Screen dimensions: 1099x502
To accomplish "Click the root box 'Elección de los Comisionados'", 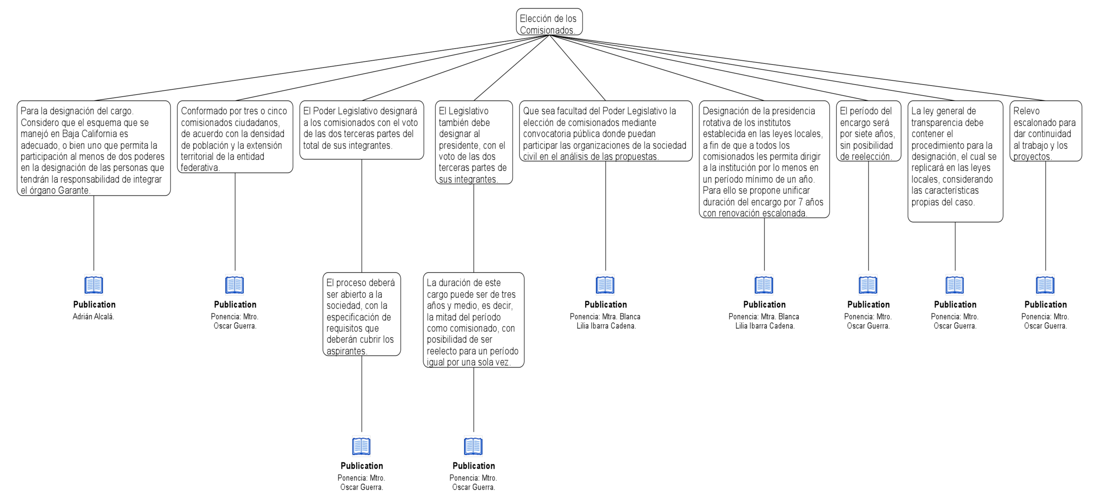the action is point(549,22).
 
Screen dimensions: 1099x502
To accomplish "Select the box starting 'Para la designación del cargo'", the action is point(94,148).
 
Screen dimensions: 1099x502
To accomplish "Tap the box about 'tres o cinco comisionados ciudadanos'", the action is point(235,137).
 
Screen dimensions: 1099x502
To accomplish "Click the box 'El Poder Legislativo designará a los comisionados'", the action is point(362,130).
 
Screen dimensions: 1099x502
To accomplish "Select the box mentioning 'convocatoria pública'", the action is point(606,131).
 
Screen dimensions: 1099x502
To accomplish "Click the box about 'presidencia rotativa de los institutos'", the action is point(764,159).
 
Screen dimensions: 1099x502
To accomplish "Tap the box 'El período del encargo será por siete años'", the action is point(869,131).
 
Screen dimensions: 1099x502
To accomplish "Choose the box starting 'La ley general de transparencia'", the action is point(955,161).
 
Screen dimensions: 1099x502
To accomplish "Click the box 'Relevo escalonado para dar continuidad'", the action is point(1046,131).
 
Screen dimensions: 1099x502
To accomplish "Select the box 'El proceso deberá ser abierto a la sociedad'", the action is point(362,314).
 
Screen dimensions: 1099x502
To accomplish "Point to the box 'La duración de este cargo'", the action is point(473,320).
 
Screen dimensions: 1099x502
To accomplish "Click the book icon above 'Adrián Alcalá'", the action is point(94,285).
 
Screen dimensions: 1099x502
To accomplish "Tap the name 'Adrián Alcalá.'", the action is point(93,317).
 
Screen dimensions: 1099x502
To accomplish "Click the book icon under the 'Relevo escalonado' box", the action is point(1045,285).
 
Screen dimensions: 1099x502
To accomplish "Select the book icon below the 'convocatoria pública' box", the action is point(605,285).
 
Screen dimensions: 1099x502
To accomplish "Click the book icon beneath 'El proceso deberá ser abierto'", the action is point(361,446).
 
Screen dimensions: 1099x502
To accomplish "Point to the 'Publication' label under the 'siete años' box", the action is point(869,304).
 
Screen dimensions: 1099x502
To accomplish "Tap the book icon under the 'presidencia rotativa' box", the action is point(764,285).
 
